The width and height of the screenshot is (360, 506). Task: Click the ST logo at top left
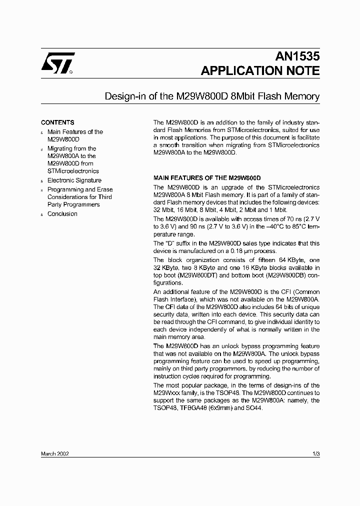(57, 63)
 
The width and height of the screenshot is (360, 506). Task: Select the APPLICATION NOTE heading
(260, 70)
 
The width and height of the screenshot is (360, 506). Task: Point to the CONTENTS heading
(57, 122)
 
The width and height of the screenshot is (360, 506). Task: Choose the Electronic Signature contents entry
(74, 180)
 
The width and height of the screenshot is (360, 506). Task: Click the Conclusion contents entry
(62, 214)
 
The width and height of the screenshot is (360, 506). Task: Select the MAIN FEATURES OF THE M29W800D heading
(207, 178)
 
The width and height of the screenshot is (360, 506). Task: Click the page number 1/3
(315, 453)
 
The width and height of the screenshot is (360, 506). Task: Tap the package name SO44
(253, 408)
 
